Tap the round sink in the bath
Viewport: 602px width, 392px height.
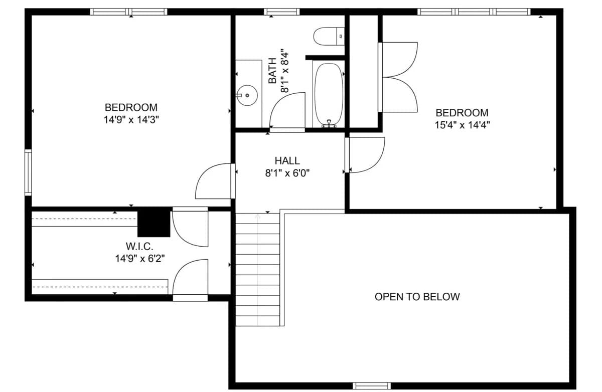tap(247, 95)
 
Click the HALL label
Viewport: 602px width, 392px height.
tap(287, 161)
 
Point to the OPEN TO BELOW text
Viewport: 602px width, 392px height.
tap(417, 297)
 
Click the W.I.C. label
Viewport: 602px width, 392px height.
tap(139, 246)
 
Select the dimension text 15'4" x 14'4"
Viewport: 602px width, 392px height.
tap(462, 125)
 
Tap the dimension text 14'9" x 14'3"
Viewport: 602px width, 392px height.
tap(131, 120)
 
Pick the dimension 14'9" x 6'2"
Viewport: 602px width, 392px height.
tap(139, 259)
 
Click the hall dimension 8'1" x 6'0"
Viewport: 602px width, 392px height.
tap(287, 173)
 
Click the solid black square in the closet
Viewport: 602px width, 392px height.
tap(154, 223)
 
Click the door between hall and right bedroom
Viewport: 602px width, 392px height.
tap(365, 154)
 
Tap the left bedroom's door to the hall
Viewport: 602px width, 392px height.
tap(214, 181)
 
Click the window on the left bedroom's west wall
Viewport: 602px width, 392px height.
tap(28, 172)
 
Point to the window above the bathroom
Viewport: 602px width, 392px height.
tap(281, 12)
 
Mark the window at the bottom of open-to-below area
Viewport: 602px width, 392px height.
tap(371, 385)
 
